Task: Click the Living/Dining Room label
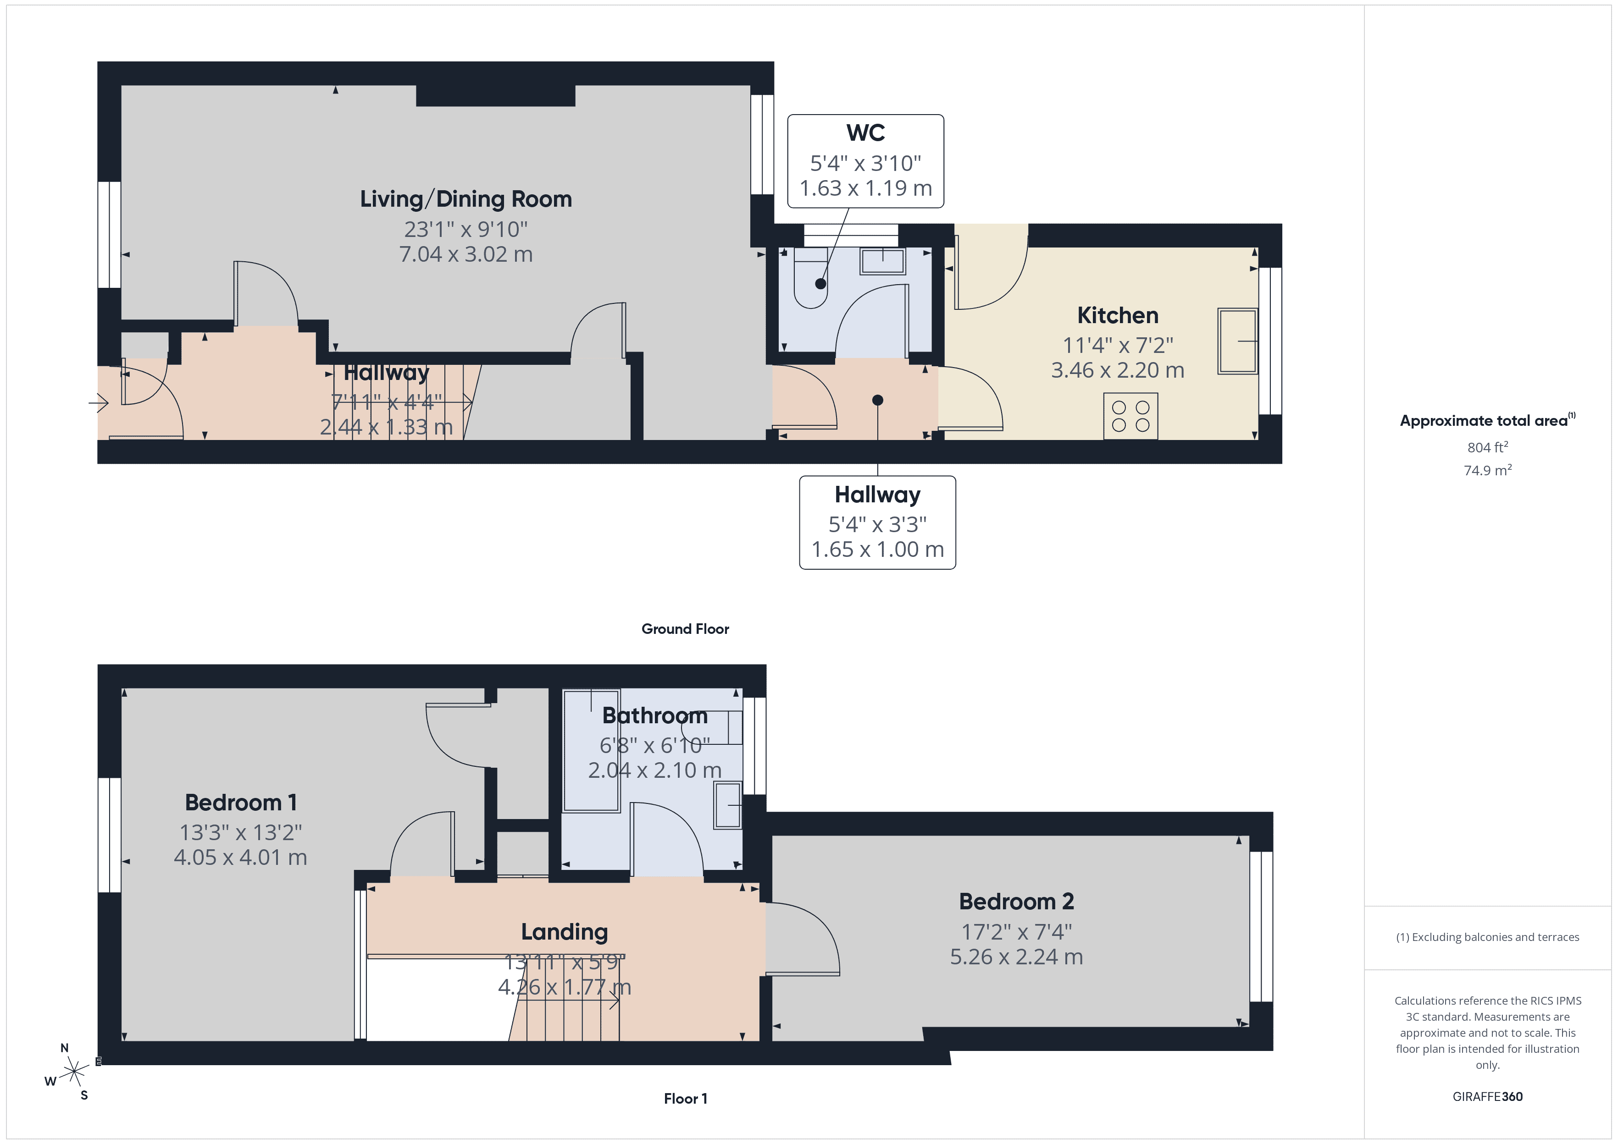(x=466, y=199)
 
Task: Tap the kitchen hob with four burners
(x=1130, y=416)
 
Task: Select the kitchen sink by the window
(x=1237, y=341)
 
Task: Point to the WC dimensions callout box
(x=865, y=161)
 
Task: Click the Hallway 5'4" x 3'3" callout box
(x=877, y=522)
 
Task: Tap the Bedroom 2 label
(x=1016, y=901)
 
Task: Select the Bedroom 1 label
(x=240, y=803)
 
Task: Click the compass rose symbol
(x=73, y=1072)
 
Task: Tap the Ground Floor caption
(x=685, y=629)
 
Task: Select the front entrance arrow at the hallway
(x=99, y=404)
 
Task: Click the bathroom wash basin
(x=728, y=804)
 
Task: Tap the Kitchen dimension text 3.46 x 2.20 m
(x=1118, y=370)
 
